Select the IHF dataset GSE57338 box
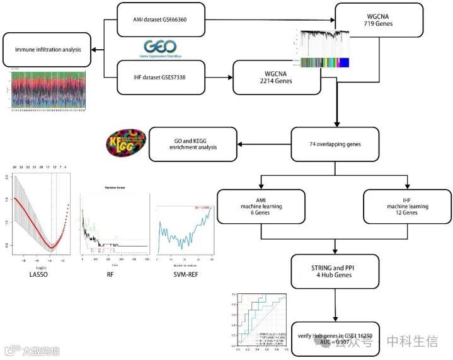(x=161, y=78)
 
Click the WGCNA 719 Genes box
(x=378, y=21)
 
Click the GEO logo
(x=161, y=48)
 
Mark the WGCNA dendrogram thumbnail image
(x=323, y=49)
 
